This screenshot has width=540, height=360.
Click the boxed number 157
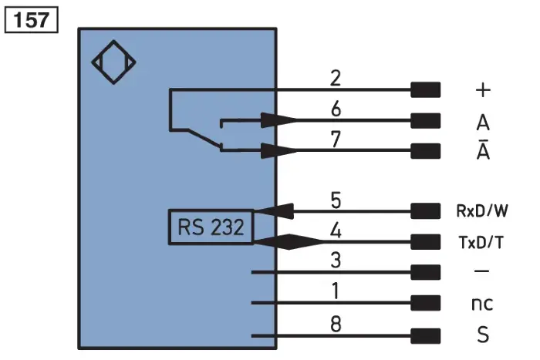pyautogui.click(x=31, y=20)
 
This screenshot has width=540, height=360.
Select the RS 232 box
pyautogui.click(x=211, y=227)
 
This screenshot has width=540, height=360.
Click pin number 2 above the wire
pyautogui.click(x=336, y=78)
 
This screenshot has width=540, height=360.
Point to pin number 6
pyautogui.click(x=336, y=109)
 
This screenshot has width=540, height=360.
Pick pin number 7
pyautogui.click(x=336, y=140)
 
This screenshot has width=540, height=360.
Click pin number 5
pyautogui.click(x=336, y=200)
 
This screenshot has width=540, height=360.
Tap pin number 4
pyautogui.click(x=336, y=230)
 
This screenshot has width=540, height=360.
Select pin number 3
pyautogui.click(x=336, y=261)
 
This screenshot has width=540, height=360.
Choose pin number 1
pyautogui.click(x=336, y=291)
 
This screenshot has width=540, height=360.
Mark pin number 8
pyautogui.click(x=336, y=324)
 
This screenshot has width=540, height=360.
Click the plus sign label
pyautogui.click(x=483, y=90)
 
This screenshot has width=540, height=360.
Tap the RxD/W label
pyautogui.click(x=482, y=211)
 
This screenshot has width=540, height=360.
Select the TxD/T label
pyautogui.click(x=481, y=242)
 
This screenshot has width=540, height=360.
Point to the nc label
pyautogui.click(x=482, y=304)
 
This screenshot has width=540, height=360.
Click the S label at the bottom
pyautogui.click(x=483, y=335)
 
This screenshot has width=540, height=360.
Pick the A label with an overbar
pyautogui.click(x=483, y=150)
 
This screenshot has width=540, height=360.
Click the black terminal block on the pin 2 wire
pyautogui.click(x=426, y=90)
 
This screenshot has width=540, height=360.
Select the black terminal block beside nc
pyautogui.click(x=426, y=303)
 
